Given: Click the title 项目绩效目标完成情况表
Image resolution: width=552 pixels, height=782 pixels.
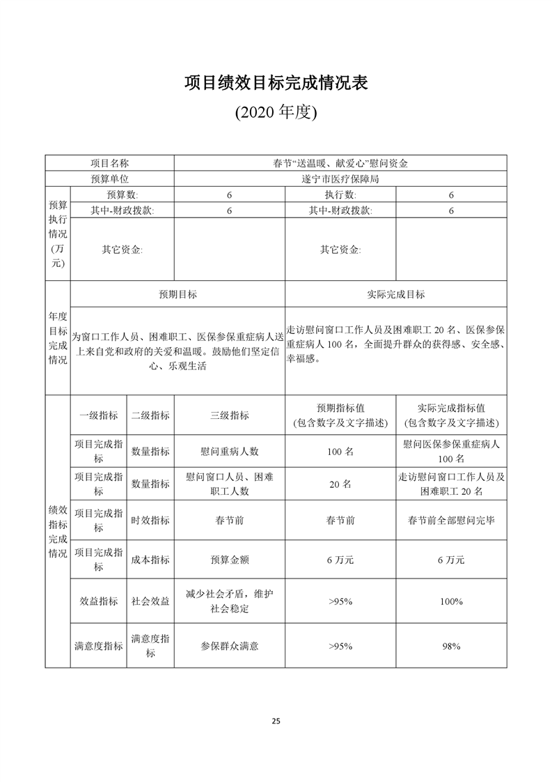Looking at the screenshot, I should [276, 83].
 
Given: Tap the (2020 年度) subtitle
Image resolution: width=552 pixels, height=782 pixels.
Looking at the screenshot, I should [276, 112].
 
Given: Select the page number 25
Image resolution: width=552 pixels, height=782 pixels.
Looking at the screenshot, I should [276, 721].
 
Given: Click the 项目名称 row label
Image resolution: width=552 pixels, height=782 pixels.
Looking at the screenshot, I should [110, 163].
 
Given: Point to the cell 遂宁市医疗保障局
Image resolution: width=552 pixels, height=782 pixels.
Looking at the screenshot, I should [340, 178].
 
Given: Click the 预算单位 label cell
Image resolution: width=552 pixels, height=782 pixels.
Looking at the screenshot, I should [110, 178].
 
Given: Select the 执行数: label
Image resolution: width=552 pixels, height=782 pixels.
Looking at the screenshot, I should [340, 194].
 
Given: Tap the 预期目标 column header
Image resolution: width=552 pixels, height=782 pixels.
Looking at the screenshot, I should [178, 294].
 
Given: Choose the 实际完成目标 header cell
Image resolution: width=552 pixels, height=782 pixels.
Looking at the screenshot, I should [395, 294].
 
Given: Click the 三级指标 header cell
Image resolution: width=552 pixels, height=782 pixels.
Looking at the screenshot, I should [229, 415].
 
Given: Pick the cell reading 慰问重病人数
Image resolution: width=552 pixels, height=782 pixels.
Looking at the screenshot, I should [229, 451].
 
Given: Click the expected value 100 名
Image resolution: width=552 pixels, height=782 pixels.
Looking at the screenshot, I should [340, 451].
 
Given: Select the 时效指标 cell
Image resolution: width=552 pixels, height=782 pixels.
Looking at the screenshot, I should [150, 520].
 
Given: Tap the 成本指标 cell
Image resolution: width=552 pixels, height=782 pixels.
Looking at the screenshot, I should [150, 560].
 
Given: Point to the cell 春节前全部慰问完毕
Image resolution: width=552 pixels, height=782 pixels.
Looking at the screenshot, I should [451, 520].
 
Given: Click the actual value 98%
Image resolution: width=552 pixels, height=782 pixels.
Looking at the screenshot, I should [451, 646].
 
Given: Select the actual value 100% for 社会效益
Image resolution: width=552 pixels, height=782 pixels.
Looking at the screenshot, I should [451, 601].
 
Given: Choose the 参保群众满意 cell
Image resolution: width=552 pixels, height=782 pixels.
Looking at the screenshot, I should [229, 646].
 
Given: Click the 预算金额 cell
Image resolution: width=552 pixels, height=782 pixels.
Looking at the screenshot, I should [229, 560].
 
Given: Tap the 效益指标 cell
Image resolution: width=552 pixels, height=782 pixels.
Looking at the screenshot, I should [98, 601].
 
